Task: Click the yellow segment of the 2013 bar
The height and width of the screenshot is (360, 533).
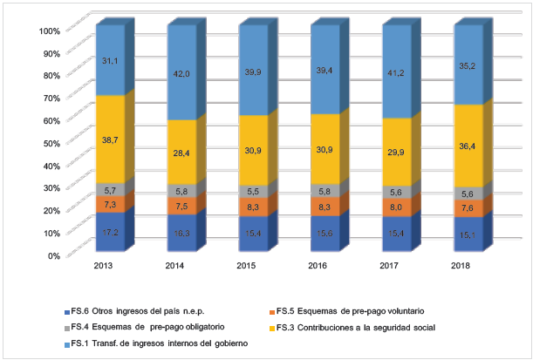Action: [x=109, y=139]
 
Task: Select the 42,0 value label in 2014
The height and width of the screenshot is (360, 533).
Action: [x=181, y=74]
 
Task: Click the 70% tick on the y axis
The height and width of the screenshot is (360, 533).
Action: [x=49, y=98]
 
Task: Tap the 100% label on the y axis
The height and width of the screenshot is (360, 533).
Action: [x=47, y=31]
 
